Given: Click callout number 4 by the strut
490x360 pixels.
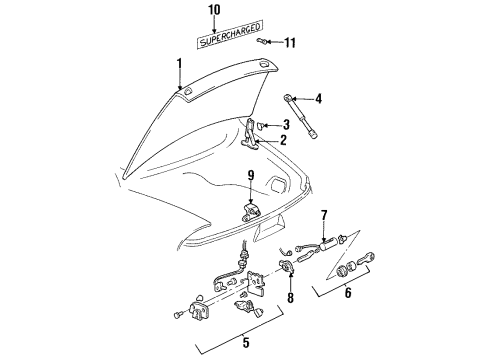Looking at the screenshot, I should click(319, 98).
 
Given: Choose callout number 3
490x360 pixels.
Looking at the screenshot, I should click(285, 124).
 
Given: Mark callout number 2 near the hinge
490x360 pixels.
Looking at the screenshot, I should click(283, 140).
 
